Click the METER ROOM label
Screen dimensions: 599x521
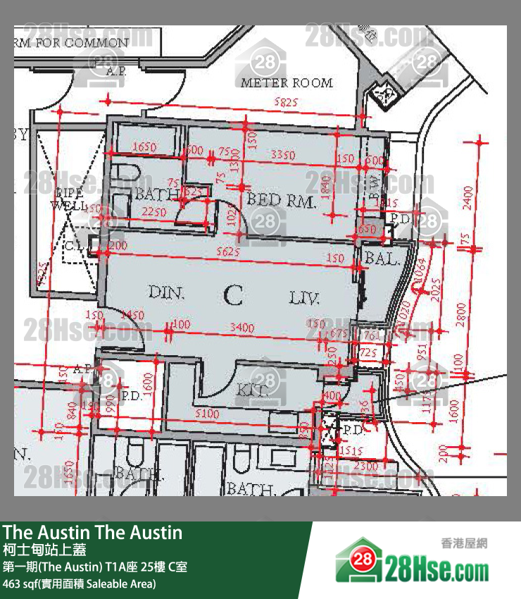(x=287, y=82)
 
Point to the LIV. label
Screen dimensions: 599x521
(x=304, y=299)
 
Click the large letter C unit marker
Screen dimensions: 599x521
(x=233, y=295)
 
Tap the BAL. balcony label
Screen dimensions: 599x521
(x=382, y=259)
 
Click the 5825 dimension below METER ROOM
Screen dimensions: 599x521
(x=286, y=103)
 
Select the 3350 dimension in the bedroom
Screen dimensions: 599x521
(x=282, y=154)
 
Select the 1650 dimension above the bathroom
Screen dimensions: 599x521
(x=144, y=147)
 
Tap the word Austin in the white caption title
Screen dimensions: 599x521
(x=64, y=533)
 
